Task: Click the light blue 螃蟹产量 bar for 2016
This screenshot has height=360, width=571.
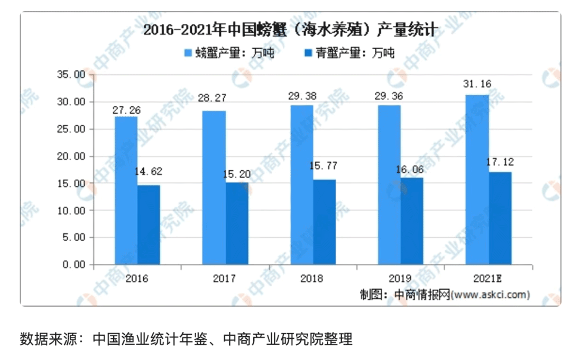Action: [x=126, y=190]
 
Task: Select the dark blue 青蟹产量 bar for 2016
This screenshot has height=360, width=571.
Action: [x=149, y=225]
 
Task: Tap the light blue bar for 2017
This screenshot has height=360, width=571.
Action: [x=214, y=188]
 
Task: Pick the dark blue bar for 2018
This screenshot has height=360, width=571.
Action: [x=324, y=222]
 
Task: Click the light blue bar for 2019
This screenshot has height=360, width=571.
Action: [x=389, y=185]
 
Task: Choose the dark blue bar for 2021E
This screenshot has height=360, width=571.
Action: [x=500, y=218]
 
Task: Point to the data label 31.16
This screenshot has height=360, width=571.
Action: [x=476, y=84]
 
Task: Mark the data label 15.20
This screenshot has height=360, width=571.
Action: [x=236, y=174]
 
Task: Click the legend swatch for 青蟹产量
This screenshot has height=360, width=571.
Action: [x=307, y=53]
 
